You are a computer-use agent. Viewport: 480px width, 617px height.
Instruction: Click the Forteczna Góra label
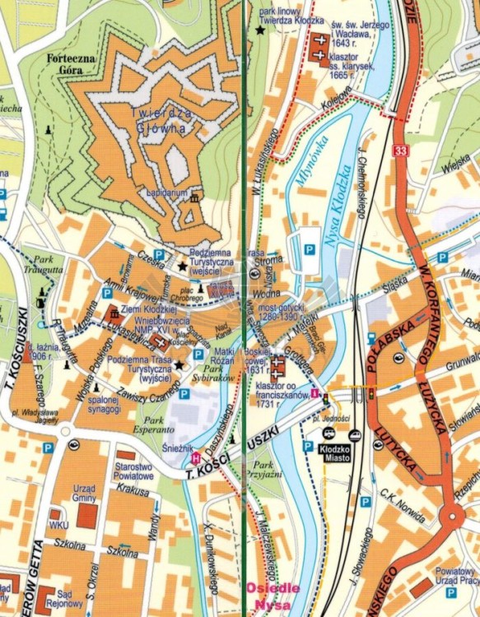click(72, 65)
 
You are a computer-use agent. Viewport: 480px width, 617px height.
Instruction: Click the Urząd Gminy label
click(84, 494)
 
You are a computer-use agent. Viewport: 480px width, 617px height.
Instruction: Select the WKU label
click(58, 525)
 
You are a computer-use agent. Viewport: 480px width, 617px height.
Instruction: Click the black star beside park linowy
click(260, 30)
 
